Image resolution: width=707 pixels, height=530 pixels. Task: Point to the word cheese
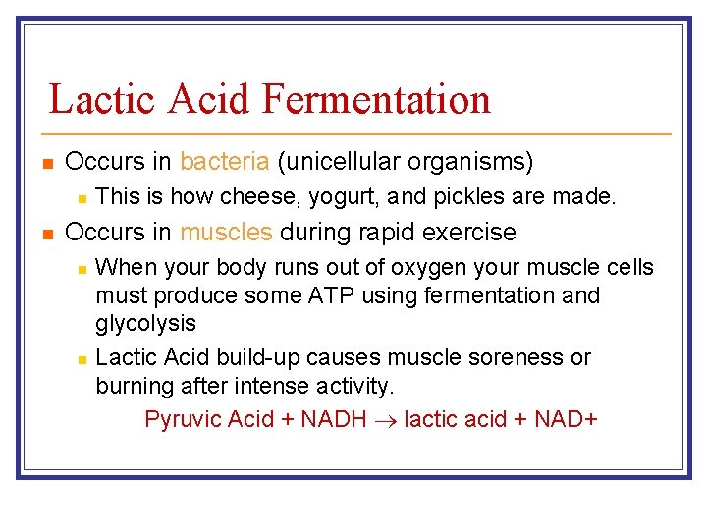[x=253, y=197]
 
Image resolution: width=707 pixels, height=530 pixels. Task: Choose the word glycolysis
[x=145, y=323]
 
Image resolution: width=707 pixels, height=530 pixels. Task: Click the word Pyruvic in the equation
[x=183, y=420]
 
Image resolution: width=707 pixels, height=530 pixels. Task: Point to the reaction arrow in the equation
[x=386, y=420]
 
